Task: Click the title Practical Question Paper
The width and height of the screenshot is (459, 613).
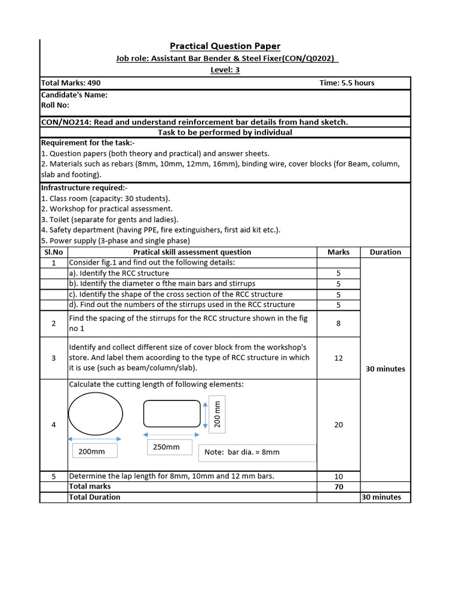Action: pos(225,46)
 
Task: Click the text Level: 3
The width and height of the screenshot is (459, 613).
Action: pos(225,70)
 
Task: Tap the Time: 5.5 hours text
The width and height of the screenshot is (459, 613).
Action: pos(347,83)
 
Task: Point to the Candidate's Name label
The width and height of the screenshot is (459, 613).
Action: pos(74,95)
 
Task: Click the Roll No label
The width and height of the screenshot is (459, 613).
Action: pos(55,104)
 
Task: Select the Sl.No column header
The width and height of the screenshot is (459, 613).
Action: pos(54,252)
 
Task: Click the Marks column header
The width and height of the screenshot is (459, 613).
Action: pos(339,252)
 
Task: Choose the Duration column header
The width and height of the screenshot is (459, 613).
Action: pos(385,252)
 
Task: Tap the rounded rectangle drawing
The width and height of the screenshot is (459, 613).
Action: pos(172,414)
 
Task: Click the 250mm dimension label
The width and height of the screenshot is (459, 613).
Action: pos(167,447)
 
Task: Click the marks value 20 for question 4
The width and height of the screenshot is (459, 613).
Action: pos(339,424)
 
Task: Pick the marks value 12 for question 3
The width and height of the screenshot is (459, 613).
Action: pos(339,357)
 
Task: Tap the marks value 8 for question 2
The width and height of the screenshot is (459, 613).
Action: pos(339,323)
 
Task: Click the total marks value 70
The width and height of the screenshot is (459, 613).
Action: pos(339,487)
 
